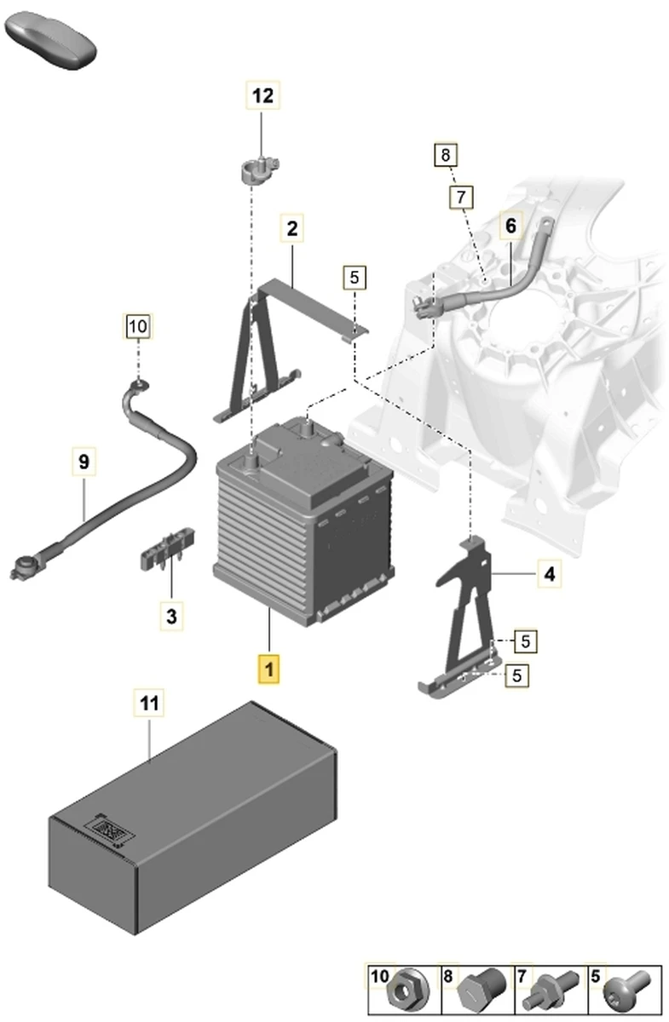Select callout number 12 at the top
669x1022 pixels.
click(263, 95)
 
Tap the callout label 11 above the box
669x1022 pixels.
click(149, 703)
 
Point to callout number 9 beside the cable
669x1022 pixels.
click(84, 462)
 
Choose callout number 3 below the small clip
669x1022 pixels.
click(171, 615)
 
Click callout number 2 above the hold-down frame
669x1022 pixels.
click(292, 228)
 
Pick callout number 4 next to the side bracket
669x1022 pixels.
click(550, 574)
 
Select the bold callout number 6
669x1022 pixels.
click(510, 227)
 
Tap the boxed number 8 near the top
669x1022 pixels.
click(445, 155)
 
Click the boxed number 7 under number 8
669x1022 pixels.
click(460, 198)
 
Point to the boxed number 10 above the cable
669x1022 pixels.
click(137, 325)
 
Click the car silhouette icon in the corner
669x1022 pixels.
click(51, 40)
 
